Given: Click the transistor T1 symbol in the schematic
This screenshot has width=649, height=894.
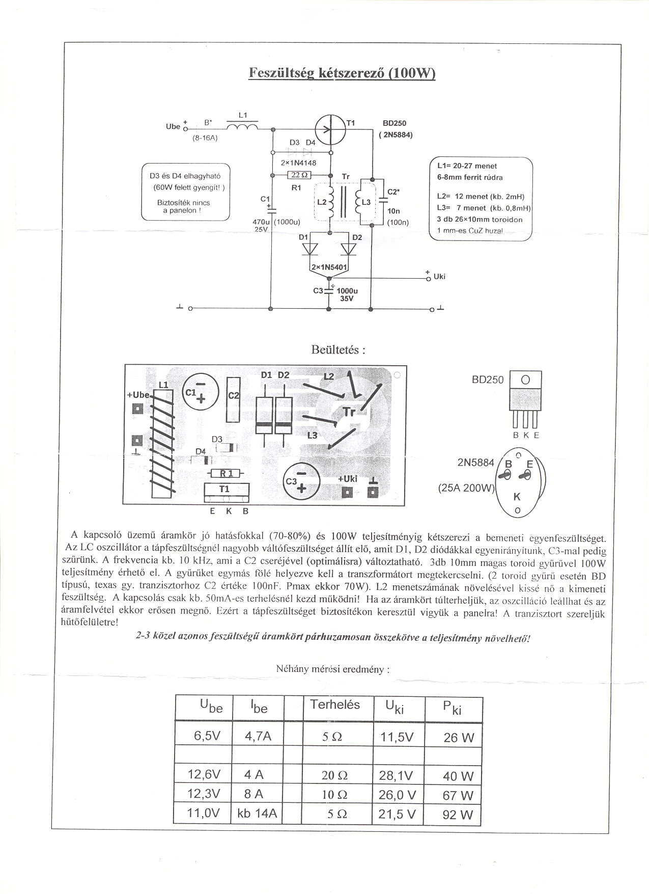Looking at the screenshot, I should [330, 129].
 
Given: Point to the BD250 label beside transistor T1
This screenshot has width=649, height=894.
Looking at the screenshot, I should [394, 123].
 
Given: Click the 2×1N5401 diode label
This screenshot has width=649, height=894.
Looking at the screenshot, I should [329, 267].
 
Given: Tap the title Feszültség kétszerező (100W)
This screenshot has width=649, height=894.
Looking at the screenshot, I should [342, 73].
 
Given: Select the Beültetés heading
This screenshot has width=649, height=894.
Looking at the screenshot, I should [338, 350].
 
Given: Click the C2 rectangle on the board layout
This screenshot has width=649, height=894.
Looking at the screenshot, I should [233, 399].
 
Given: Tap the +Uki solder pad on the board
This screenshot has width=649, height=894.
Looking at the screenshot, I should [348, 492].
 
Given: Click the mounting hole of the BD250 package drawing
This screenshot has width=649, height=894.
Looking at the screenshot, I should [525, 380].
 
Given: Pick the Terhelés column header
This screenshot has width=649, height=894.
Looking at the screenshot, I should [335, 705].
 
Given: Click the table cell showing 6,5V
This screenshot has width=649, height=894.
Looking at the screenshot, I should [207, 736].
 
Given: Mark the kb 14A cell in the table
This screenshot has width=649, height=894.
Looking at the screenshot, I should [257, 814].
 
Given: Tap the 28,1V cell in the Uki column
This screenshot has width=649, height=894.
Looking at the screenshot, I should [396, 775].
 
